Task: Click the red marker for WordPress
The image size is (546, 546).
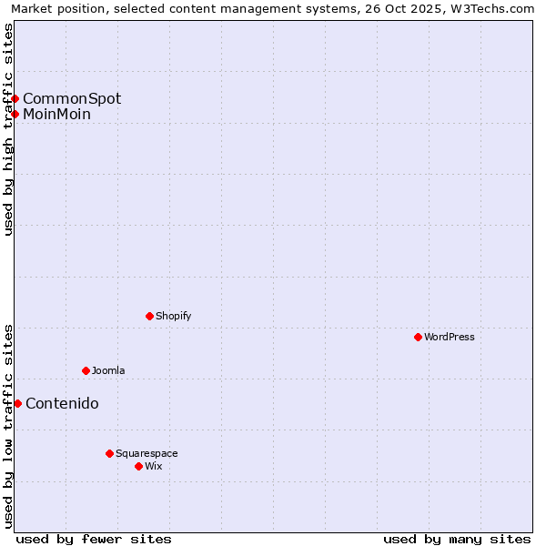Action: click(x=418, y=337)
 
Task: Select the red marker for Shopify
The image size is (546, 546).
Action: click(x=149, y=316)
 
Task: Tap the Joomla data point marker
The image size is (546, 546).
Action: click(x=86, y=370)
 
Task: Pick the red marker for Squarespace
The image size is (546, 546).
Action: click(x=109, y=453)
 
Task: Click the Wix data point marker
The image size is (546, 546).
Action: click(x=138, y=466)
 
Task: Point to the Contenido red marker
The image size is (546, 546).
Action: click(x=17, y=403)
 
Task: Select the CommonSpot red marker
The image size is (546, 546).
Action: click(x=15, y=98)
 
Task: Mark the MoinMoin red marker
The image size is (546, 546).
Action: click(x=15, y=114)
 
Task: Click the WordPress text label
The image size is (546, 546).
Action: click(x=450, y=338)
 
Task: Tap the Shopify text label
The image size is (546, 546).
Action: click(x=173, y=317)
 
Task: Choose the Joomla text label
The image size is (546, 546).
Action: click(x=108, y=371)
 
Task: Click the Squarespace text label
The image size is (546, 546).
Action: click(x=147, y=454)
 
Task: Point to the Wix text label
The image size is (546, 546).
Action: click(x=154, y=467)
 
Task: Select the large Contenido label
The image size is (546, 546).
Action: click(x=62, y=404)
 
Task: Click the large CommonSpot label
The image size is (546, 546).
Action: click(x=72, y=98)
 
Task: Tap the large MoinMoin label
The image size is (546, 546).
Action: click(x=56, y=115)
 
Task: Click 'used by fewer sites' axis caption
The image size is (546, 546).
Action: click(x=94, y=539)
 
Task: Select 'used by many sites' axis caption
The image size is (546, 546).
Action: click(x=457, y=539)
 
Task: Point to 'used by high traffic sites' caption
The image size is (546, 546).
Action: click(x=9, y=129)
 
